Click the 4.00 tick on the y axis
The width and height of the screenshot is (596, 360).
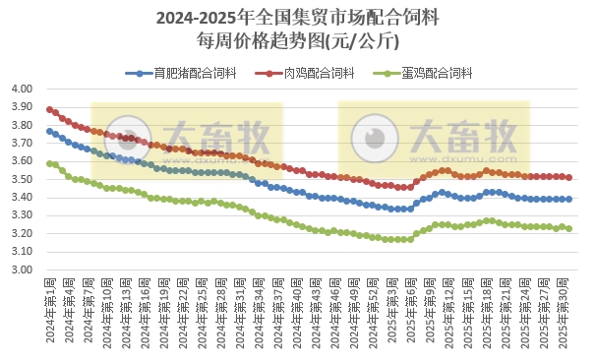23,89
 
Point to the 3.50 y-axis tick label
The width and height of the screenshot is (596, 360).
23,179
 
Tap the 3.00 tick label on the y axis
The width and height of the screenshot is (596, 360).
23,270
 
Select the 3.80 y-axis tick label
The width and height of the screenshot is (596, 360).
23,125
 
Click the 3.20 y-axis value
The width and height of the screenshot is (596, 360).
23,234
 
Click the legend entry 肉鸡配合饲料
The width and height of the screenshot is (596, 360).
312,73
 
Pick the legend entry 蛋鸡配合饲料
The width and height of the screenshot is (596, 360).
432,73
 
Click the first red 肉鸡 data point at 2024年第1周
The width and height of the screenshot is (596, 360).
49,109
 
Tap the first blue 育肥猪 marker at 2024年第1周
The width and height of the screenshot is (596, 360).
49,131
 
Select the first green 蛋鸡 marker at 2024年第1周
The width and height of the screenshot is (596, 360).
49,163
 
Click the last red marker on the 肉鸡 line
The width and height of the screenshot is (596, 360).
568,178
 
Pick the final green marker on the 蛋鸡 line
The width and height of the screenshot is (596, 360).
568,228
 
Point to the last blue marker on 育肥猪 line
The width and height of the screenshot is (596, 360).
568,199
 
